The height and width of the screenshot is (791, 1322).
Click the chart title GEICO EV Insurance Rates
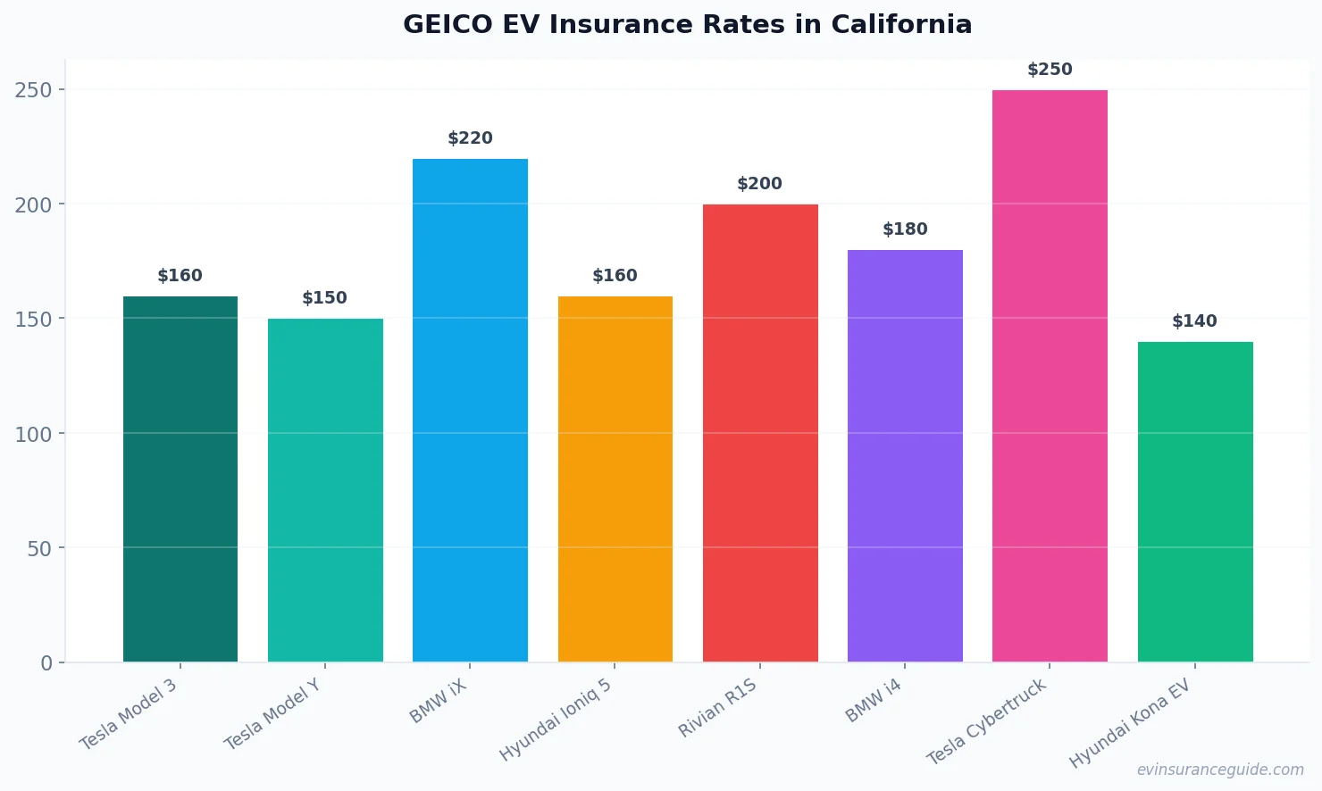tap(687, 24)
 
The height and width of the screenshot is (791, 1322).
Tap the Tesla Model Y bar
tap(325, 490)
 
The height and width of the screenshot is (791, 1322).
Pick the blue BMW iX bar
tap(470, 411)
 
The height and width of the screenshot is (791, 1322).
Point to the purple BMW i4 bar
tap(905, 456)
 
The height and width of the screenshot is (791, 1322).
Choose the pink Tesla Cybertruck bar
tap(1050, 376)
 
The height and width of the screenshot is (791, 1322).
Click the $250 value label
tap(1050, 70)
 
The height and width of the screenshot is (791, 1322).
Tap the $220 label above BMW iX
tap(470, 138)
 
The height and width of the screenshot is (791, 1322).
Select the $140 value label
tap(1194, 321)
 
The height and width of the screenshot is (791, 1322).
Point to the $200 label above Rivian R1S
tap(759, 184)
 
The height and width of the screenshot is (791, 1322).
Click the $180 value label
tap(905, 229)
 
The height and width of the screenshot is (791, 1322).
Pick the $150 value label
tap(324, 298)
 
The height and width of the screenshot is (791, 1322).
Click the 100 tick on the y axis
tap(34, 434)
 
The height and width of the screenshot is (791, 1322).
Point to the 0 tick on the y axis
tap(46, 663)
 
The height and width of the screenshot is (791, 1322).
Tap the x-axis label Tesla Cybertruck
tap(986, 721)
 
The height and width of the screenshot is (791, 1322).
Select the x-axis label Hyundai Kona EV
tap(1130, 723)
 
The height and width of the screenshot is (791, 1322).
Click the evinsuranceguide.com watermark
tap(1220, 770)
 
